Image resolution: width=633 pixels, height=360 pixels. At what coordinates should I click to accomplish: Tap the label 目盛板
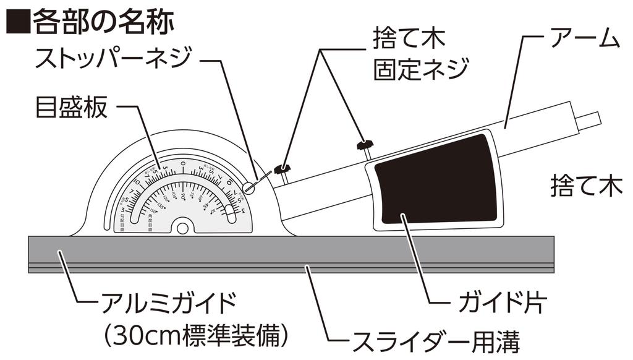pos(72,108)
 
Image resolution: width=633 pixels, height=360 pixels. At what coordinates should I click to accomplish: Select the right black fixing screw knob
pos(365,145)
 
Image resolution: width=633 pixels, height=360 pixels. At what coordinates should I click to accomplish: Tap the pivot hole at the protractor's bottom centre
pos(182,228)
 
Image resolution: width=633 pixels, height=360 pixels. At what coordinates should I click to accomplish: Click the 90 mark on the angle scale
pos(183,197)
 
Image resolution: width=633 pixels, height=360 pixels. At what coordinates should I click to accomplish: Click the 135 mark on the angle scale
pos(162,205)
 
